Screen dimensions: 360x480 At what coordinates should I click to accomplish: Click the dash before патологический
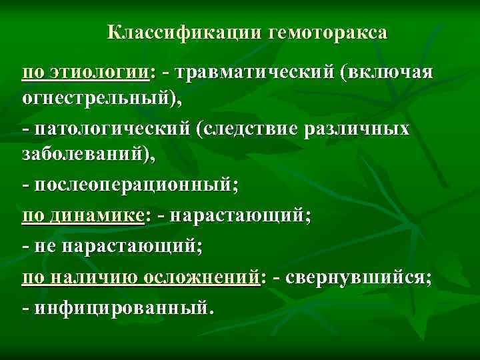coord(25,129)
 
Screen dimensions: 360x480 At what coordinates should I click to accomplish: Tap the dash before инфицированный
coord(25,307)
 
